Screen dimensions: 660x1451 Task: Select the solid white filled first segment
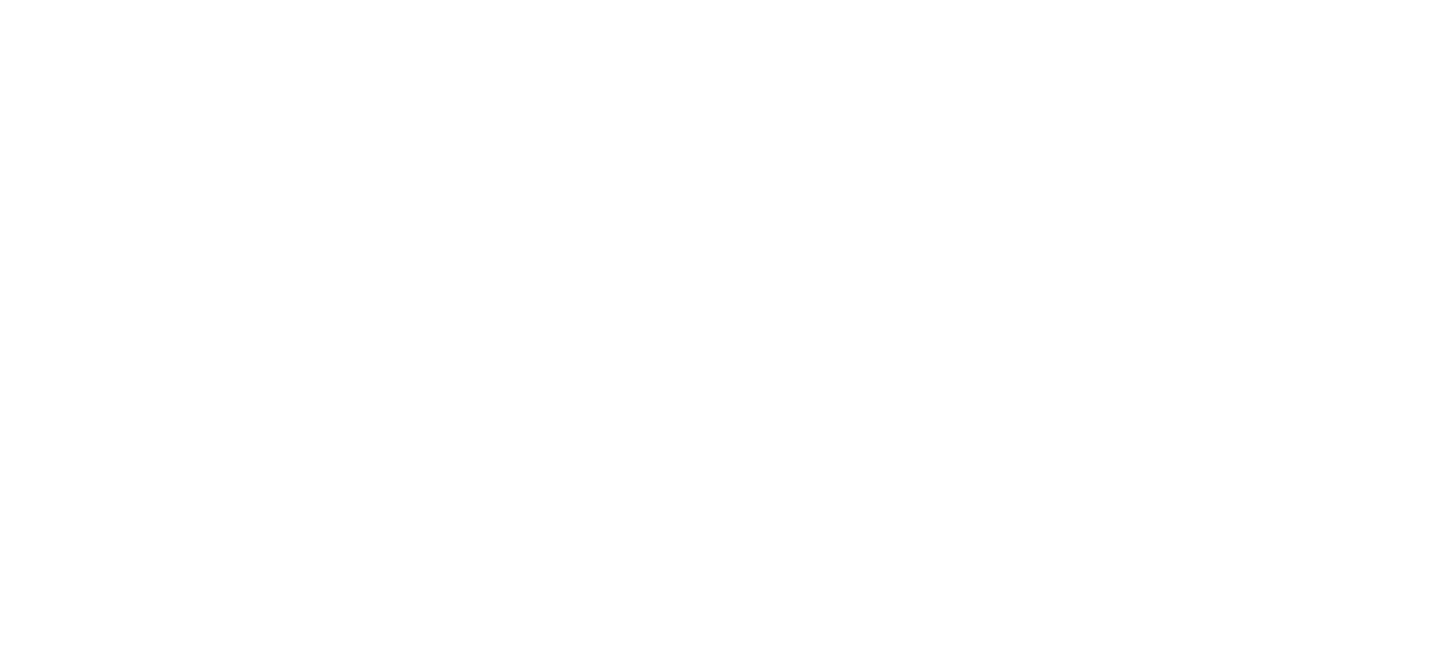pyautogui.click(x=85, y=395)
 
